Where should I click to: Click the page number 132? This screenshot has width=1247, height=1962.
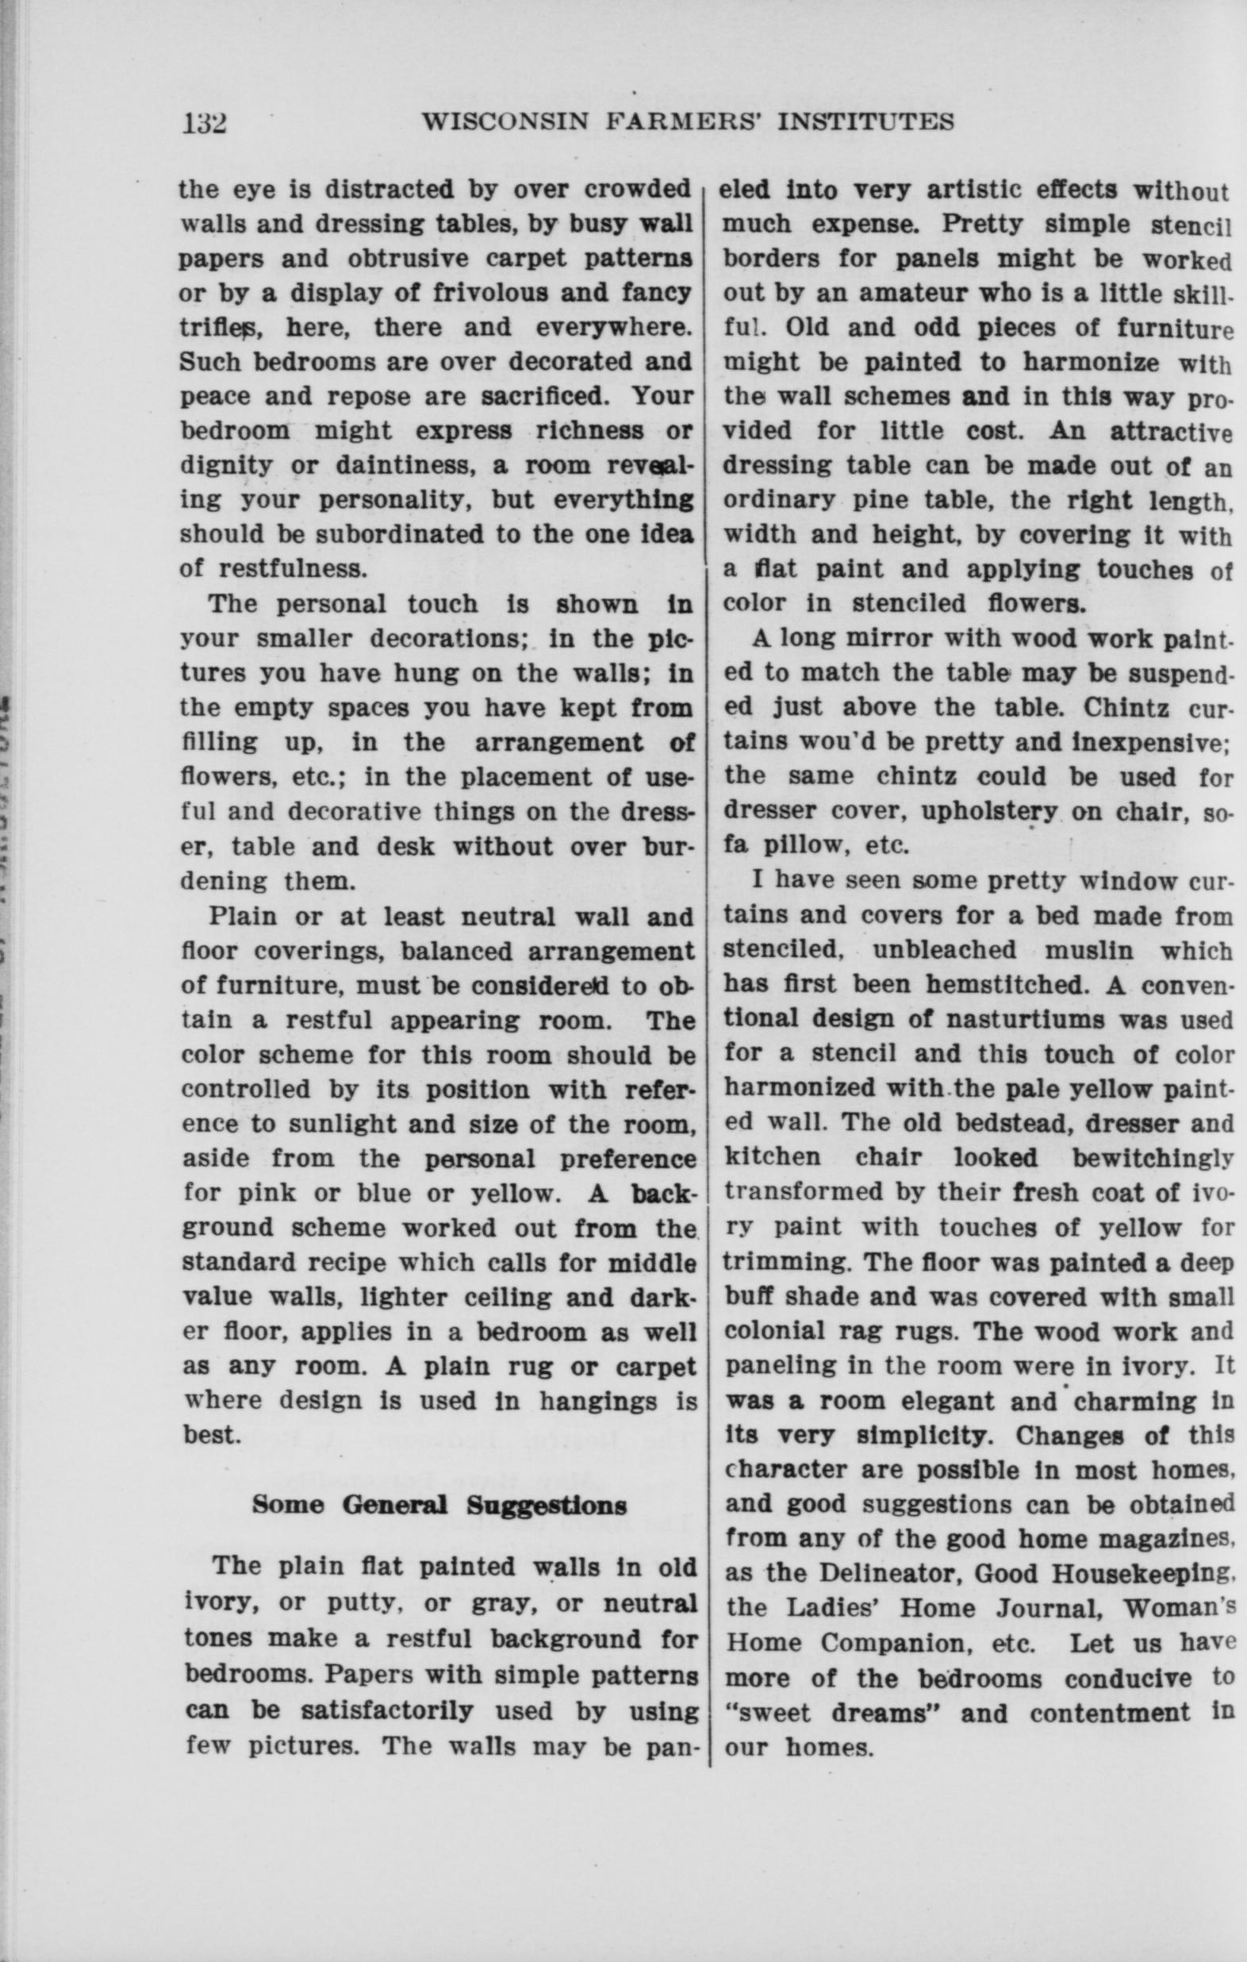coord(204,123)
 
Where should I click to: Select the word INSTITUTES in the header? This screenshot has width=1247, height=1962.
coord(865,122)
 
